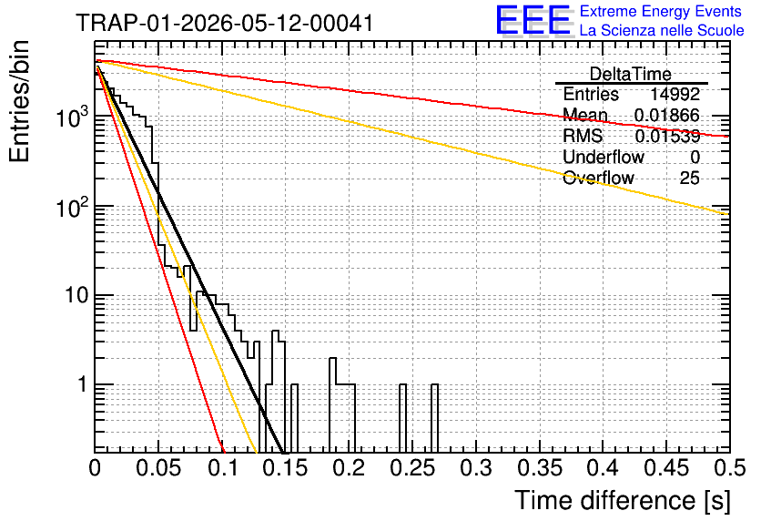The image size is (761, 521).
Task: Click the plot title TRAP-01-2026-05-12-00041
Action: [225, 23]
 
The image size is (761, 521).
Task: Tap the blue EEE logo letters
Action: [533, 20]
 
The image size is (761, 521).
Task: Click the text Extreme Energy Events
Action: [661, 11]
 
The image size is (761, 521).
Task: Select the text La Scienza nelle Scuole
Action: [662, 30]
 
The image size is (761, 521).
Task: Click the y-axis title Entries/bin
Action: [19, 101]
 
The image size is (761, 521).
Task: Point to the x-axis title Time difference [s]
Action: [623, 501]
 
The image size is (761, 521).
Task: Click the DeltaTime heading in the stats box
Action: [630, 74]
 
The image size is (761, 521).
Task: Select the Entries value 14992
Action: [675, 94]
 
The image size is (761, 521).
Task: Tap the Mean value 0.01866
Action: [666, 115]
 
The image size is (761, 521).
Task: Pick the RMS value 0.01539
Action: [667, 136]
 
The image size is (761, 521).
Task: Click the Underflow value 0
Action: [695, 157]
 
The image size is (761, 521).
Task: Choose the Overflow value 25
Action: [689, 178]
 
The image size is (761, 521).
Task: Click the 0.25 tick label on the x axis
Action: [413, 468]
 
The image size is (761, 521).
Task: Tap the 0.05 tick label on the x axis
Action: [158, 468]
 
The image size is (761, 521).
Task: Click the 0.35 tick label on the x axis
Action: [540, 468]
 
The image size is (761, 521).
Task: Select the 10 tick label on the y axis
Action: [77, 295]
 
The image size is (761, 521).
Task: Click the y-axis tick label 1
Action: [82, 384]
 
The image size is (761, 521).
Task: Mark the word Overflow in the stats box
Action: [598, 178]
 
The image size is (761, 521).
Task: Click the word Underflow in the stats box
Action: [604, 157]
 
